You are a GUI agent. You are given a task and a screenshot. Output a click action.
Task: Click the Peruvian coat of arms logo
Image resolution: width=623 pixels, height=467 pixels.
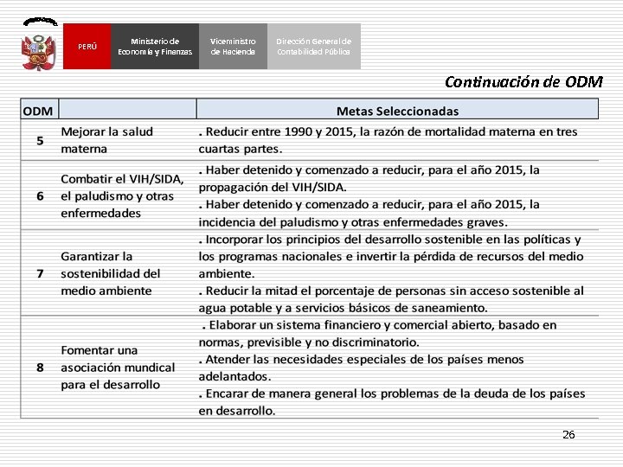tap(39, 46)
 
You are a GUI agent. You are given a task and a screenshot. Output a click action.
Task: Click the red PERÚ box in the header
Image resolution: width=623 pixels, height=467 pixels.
tap(87, 46)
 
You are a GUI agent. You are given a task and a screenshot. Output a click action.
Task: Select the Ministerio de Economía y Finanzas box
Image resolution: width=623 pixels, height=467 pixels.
tap(155, 46)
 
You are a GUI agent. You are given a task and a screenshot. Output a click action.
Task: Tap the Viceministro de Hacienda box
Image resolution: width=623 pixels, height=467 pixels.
tap(233, 46)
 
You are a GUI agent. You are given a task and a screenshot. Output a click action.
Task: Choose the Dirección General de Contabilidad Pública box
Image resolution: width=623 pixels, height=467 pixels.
tap(313, 46)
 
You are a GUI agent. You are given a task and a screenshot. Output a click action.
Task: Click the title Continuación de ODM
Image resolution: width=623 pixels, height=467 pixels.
tap(523, 82)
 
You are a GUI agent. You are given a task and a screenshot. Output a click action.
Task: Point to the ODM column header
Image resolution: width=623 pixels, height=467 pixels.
tap(39, 110)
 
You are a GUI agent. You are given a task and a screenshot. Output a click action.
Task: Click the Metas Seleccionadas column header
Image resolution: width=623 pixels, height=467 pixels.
tap(397, 111)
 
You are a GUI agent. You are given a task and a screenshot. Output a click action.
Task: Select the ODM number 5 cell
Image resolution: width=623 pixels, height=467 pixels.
tap(40, 140)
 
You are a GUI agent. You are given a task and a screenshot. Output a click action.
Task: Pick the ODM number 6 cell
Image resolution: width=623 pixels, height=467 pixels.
tap(40, 195)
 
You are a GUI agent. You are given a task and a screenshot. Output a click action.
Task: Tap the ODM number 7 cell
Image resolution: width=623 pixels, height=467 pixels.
tap(40, 273)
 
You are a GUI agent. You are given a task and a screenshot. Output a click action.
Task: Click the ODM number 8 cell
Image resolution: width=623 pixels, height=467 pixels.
tap(40, 368)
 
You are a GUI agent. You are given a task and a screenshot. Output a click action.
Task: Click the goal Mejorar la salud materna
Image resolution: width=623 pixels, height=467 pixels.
tap(106, 140)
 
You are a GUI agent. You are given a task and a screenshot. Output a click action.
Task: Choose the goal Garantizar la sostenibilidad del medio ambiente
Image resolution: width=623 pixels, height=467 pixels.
tap(110, 273)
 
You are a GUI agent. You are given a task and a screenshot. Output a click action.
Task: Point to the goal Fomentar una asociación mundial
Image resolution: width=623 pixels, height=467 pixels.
tap(117, 368)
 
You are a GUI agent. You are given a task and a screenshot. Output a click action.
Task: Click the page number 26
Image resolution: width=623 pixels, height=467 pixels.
tap(568, 434)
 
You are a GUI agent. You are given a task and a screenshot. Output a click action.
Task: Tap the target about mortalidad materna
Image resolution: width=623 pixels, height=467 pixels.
tap(388, 140)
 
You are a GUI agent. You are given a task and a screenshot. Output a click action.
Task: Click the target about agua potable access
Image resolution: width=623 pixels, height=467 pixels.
tap(391, 299)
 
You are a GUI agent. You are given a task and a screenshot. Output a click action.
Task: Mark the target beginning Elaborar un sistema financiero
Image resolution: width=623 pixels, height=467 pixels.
tap(381, 333)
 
